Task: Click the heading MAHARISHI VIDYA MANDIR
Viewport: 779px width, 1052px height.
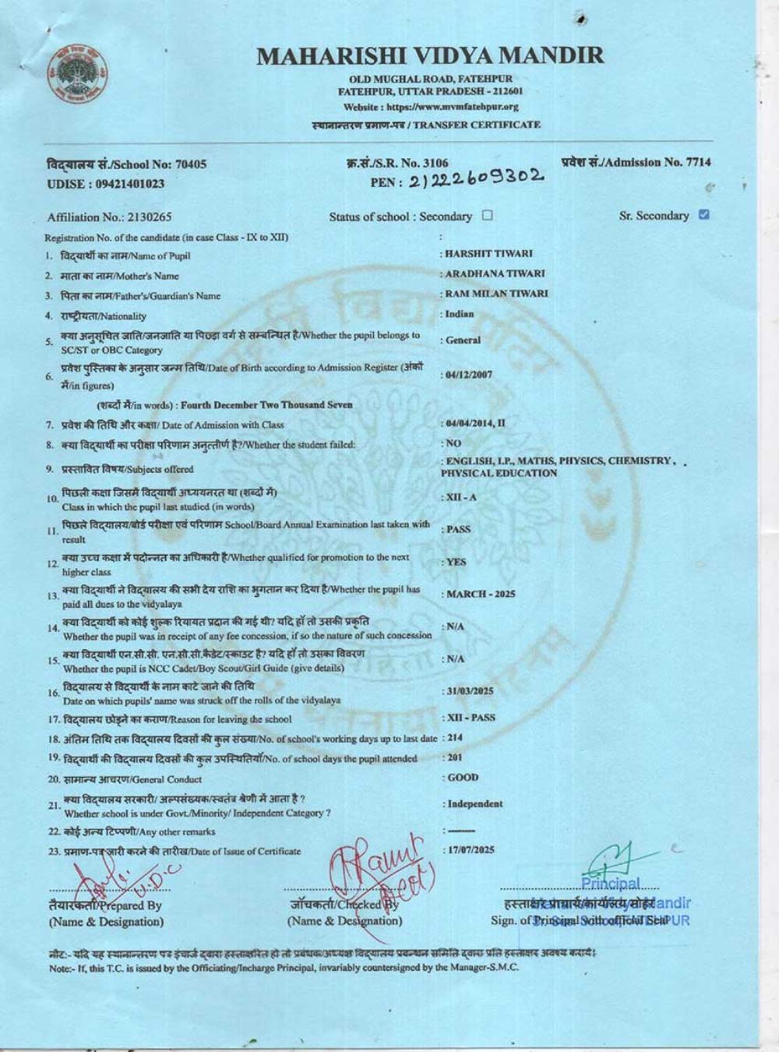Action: (x=430, y=55)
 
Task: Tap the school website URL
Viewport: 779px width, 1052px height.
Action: (x=430, y=107)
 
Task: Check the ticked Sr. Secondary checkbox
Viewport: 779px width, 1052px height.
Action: (x=704, y=215)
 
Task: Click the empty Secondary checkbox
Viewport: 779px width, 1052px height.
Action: (x=488, y=216)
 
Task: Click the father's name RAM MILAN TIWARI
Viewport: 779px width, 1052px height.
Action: (x=495, y=294)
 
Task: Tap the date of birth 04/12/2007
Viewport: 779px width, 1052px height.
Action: (x=469, y=375)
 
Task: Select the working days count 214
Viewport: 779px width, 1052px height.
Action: (x=455, y=737)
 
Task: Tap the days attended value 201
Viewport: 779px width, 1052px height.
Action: (x=455, y=757)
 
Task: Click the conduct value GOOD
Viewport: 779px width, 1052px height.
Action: (x=464, y=778)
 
